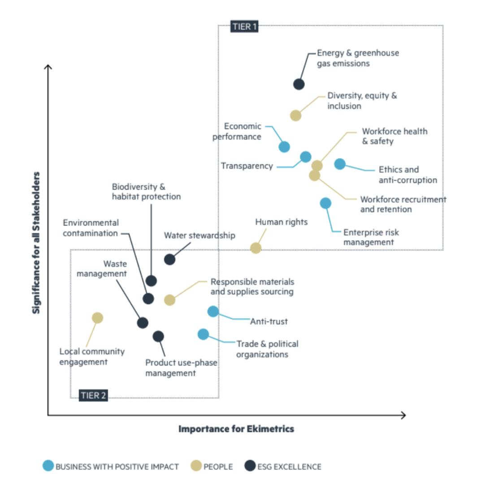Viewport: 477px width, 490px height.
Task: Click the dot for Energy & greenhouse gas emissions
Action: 299,84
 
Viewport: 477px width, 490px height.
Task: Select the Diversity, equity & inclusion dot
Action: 295,115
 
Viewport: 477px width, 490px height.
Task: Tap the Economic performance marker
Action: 284,147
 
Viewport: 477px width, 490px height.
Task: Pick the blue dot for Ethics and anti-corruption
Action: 340,164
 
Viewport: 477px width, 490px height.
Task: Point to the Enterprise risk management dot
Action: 325,203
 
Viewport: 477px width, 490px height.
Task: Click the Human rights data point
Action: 256,248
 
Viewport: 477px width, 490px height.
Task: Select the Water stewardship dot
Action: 169,259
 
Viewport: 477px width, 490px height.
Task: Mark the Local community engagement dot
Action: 97,318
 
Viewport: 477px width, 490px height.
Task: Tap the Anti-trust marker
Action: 213,311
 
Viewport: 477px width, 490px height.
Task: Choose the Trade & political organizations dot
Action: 203,334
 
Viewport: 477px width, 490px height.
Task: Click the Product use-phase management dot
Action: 158,336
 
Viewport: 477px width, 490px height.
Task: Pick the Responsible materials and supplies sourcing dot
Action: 169,300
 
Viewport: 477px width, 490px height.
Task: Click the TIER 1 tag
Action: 245,26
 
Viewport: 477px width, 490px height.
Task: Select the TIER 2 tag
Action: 94,395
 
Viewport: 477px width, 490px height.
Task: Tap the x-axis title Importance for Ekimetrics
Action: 236,429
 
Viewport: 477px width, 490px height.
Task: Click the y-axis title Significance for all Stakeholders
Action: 36,242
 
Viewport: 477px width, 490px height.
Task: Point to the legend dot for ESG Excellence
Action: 250,466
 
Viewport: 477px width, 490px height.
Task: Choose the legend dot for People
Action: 196,466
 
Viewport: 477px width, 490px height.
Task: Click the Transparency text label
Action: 247,166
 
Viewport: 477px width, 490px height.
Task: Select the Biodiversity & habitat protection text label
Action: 146,192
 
